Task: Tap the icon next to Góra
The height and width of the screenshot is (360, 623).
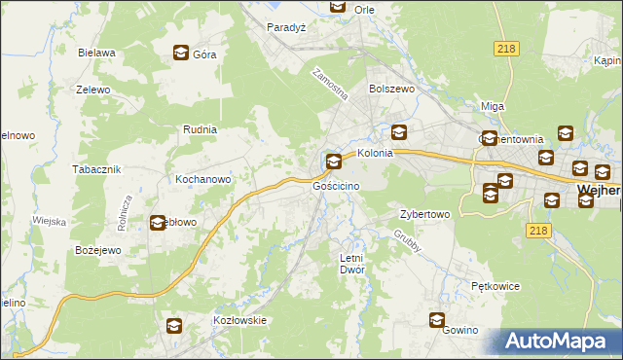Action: click(x=181, y=54)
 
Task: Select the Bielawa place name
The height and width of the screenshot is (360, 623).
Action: click(x=97, y=53)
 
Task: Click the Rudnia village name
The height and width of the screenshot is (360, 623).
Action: click(x=200, y=128)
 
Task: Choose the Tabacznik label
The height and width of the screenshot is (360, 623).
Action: click(x=95, y=168)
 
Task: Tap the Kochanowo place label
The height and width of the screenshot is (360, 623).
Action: click(x=202, y=180)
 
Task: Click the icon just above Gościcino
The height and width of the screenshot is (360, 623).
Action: click(x=334, y=162)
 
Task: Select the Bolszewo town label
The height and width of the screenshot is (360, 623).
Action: click(x=391, y=89)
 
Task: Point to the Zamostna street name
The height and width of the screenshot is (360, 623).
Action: click(x=330, y=86)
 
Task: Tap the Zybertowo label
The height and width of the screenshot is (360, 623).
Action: click(x=424, y=214)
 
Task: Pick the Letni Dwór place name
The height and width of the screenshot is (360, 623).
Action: click(x=350, y=263)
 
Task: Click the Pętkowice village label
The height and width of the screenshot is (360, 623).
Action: click(x=495, y=287)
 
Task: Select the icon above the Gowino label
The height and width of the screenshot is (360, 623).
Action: click(x=438, y=319)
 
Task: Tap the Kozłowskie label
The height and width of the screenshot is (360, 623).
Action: click(x=239, y=320)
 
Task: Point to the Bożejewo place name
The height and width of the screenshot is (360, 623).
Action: click(x=97, y=250)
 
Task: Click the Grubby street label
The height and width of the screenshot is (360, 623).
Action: click(x=408, y=242)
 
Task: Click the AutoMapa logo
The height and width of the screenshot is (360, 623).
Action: click(x=559, y=342)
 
